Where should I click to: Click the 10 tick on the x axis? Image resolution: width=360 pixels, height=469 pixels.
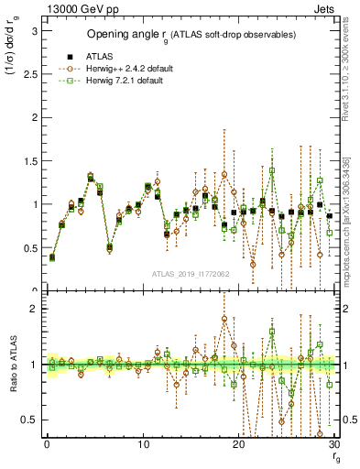(142, 444)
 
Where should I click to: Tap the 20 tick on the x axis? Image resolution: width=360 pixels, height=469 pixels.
(238, 444)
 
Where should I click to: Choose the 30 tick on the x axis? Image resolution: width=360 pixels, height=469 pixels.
(333, 444)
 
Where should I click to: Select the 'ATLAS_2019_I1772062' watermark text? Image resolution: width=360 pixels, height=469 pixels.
(191, 274)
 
